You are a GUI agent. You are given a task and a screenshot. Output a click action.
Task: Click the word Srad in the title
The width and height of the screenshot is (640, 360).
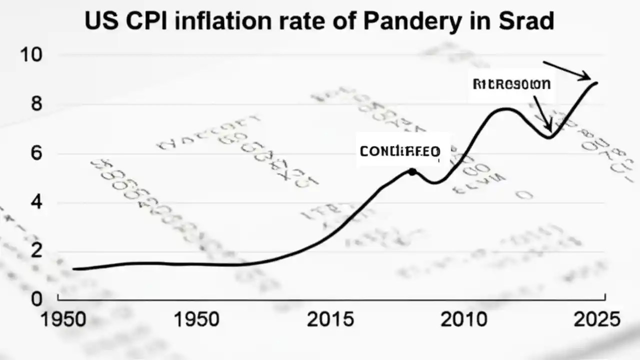(x=526, y=21)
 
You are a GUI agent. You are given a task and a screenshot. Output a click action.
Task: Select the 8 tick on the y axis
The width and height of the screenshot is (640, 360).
(x=36, y=104)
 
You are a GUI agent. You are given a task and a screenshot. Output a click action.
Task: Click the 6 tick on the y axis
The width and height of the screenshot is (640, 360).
(x=36, y=153)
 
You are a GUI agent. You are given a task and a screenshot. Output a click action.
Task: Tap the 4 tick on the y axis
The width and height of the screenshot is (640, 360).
(x=36, y=203)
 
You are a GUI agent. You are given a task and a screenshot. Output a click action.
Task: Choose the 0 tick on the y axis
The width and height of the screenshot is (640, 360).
(x=36, y=299)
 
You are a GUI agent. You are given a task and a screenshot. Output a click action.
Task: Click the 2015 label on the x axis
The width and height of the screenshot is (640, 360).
(x=330, y=319)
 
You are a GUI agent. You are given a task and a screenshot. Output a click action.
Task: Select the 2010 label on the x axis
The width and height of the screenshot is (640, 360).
(x=463, y=319)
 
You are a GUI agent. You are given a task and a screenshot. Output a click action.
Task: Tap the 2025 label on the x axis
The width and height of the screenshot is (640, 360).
(x=596, y=319)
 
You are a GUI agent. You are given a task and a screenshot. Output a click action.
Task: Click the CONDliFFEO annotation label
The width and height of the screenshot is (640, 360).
(x=399, y=151)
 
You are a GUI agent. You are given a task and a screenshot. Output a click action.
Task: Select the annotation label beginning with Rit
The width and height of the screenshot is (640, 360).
(x=511, y=84)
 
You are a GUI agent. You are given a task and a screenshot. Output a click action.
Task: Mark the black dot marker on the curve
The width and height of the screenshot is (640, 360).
(x=412, y=171)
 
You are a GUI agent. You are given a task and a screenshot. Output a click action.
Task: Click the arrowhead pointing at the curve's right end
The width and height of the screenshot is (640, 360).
(x=586, y=77)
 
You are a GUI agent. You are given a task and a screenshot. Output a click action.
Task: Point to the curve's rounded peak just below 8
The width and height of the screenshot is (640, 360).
(x=506, y=108)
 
